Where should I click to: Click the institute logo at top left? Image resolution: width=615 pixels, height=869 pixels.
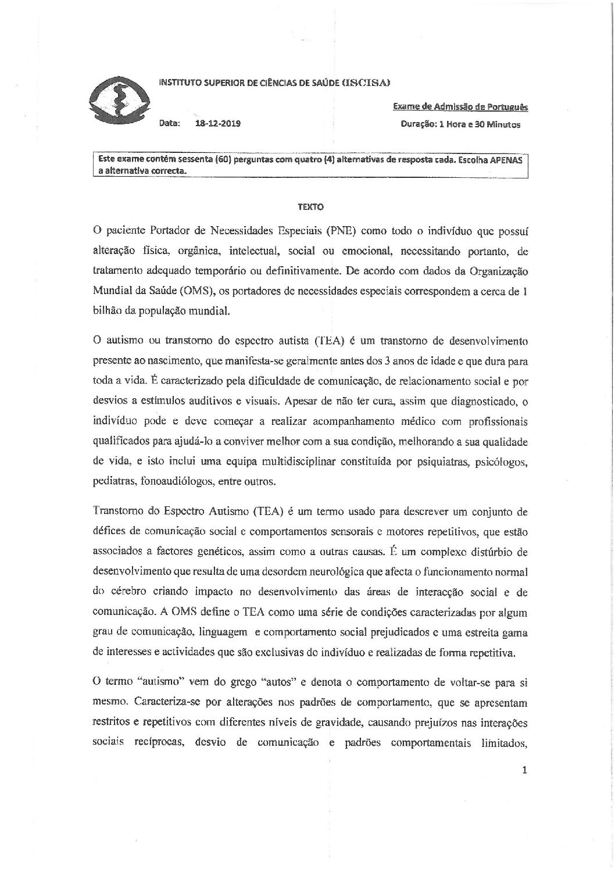(x=115, y=99)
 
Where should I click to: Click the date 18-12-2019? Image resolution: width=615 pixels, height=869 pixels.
(x=219, y=124)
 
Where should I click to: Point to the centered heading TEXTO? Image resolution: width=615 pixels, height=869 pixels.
(x=310, y=206)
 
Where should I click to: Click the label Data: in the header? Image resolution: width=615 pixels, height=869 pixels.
(x=170, y=124)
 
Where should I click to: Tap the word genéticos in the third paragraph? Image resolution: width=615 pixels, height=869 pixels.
(x=234, y=552)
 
